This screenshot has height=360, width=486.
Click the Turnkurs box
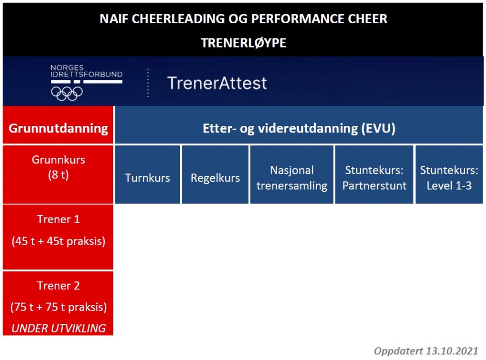click(147, 175)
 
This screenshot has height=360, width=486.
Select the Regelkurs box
click(215, 175)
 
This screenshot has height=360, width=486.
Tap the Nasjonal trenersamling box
click(292, 175)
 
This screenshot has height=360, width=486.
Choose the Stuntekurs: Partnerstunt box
click(374, 175)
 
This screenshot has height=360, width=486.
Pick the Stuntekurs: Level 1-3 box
click(449, 175)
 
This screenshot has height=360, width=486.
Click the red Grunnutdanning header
click(58, 125)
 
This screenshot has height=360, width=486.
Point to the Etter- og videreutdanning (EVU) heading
click(299, 128)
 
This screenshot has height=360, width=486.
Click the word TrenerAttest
click(217, 83)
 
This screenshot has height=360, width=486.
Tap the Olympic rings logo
click(66, 94)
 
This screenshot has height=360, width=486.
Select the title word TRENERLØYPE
click(243, 43)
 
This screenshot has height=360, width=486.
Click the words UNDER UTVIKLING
click(58, 328)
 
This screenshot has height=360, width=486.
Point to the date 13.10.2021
click(452, 351)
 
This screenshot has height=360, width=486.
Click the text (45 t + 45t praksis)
click(58, 241)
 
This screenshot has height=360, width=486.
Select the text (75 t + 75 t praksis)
click(58, 307)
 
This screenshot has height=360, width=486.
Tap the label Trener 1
click(58, 219)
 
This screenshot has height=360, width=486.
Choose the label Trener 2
click(58, 285)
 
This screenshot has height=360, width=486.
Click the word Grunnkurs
click(58, 160)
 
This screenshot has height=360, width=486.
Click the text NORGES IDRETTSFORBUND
click(86, 71)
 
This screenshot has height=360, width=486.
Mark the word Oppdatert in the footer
click(398, 351)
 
